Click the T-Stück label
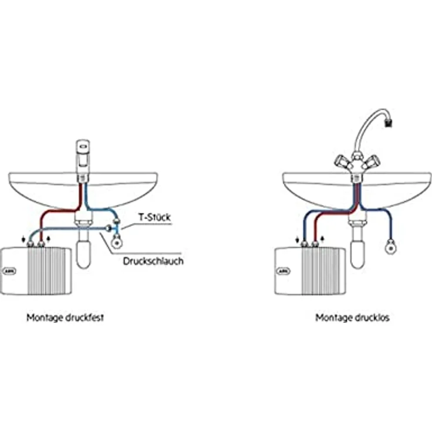(x=155, y=217)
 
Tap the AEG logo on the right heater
(x=283, y=271)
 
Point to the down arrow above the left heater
(x=24, y=238)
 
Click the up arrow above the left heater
(x=49, y=238)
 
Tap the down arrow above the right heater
(x=298, y=239)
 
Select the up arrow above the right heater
(x=323, y=239)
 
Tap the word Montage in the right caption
(x=332, y=318)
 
